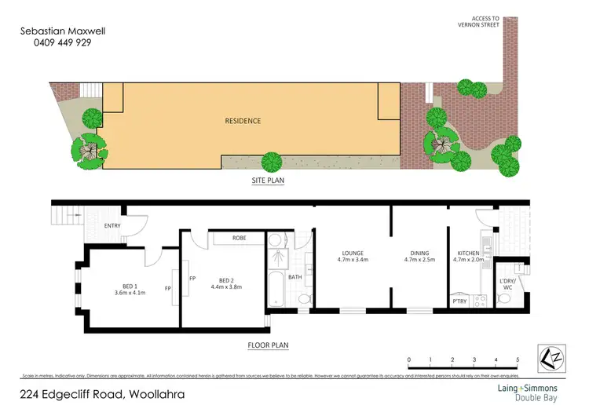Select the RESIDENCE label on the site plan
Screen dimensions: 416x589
[x=243, y=121]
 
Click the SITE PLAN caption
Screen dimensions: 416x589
[x=267, y=180]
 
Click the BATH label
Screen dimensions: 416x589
[x=294, y=277]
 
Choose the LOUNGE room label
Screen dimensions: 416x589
[x=352, y=253]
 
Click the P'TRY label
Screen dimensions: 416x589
[x=459, y=301]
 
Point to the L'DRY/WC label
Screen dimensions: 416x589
[x=509, y=284]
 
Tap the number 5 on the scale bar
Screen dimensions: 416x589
[x=517, y=360]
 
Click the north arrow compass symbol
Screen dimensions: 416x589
[x=554, y=359]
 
